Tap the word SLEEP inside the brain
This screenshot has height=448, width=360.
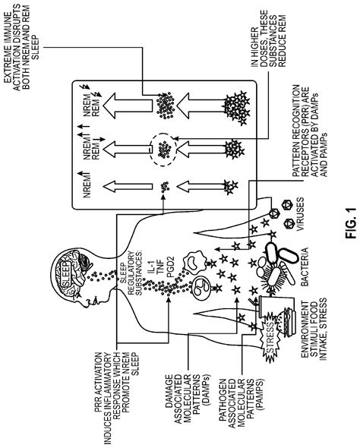[x=66, y=273]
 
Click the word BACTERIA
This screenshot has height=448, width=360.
[x=305, y=267]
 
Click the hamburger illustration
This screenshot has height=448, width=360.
[x=286, y=323]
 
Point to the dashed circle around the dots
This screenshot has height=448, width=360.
[x=164, y=150]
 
